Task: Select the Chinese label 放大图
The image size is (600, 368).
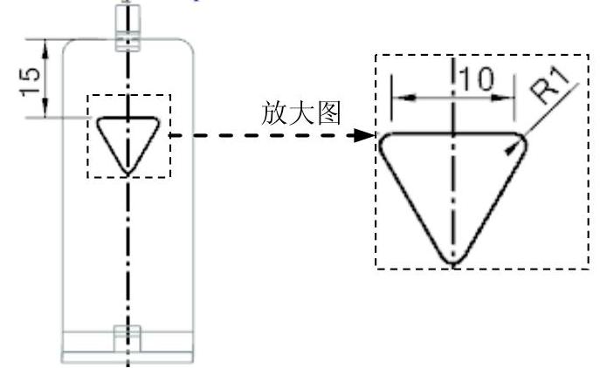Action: (x=300, y=114)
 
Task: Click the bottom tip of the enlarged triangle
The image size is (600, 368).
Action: (x=452, y=260)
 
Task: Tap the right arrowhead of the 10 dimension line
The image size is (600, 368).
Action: (x=513, y=96)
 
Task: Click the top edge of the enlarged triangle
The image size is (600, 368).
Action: (x=453, y=133)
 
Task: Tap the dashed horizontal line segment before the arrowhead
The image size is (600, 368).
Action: (x=262, y=136)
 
